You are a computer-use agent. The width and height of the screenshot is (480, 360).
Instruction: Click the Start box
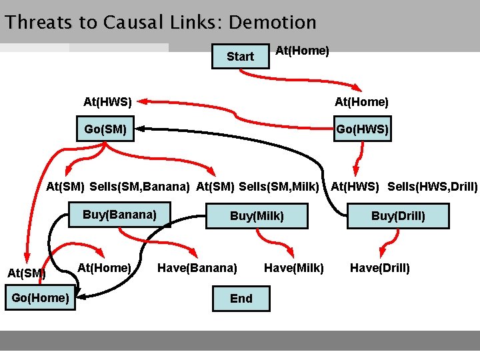pyautogui.click(x=240, y=57)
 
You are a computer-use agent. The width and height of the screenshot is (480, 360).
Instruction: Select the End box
pyautogui.click(x=241, y=299)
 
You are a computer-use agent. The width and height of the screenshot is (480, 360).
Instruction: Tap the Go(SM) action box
pyautogui.click(x=105, y=129)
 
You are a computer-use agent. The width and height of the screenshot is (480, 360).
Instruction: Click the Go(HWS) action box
pyautogui.click(x=362, y=129)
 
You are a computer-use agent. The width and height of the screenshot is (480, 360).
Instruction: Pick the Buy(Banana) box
pyautogui.click(x=119, y=215)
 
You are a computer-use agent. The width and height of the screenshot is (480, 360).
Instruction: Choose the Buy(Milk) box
pyautogui.click(x=257, y=216)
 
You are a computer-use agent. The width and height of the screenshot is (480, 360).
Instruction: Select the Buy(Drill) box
pyautogui.click(x=398, y=216)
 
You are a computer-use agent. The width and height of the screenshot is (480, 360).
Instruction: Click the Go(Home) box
pyautogui.click(x=40, y=297)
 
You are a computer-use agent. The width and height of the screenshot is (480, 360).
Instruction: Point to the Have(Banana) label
pyautogui.click(x=197, y=268)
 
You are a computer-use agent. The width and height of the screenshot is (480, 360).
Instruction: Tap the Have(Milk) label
pyautogui.click(x=294, y=268)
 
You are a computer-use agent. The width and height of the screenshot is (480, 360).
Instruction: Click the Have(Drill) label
pyautogui.click(x=380, y=268)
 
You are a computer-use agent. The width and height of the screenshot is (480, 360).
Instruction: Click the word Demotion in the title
pyautogui.click(x=272, y=23)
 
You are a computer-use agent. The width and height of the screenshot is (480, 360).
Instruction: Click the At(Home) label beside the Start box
pyautogui.click(x=302, y=51)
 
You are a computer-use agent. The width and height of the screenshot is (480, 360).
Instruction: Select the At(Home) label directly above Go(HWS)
pyautogui.click(x=361, y=102)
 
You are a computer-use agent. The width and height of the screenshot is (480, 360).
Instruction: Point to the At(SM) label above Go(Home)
pyautogui.click(x=26, y=273)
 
